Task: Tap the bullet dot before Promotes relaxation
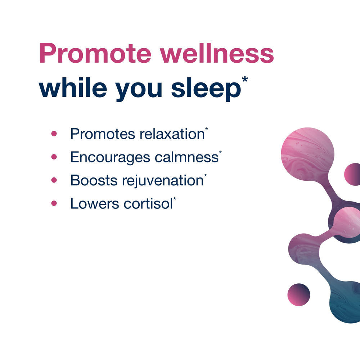point(54,134)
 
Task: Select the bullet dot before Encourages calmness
point(54,157)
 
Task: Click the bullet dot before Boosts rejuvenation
point(54,180)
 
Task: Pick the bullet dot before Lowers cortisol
point(54,203)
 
